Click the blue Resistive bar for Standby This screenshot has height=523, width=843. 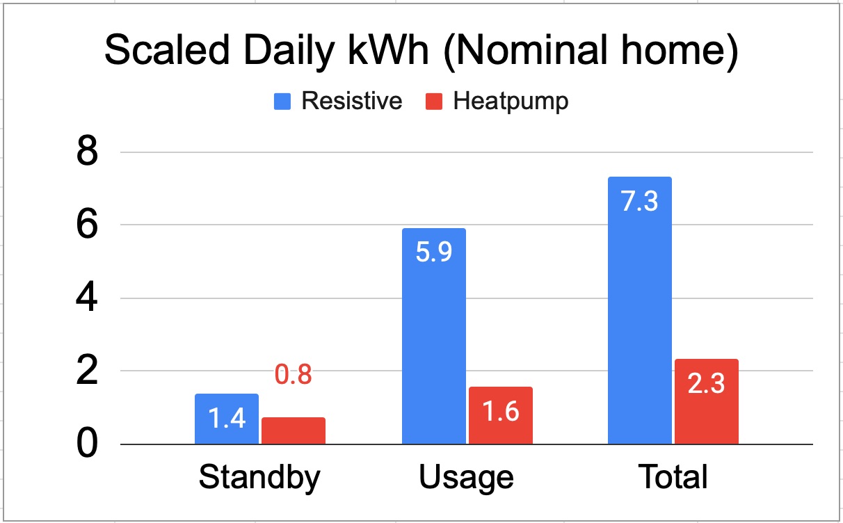(227, 419)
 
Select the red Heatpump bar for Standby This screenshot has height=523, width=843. (294, 431)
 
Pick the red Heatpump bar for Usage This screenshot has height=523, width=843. (501, 415)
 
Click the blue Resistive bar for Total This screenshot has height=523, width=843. (640, 310)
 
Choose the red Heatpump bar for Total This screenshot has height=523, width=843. (707, 401)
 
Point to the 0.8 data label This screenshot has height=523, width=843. (293, 375)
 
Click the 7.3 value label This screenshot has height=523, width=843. (640, 203)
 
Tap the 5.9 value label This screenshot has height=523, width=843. (434, 252)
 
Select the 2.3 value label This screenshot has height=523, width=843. (707, 384)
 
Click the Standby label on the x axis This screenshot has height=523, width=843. (259, 478)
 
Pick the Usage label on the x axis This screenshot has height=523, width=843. (467, 478)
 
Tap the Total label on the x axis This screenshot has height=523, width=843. (673, 478)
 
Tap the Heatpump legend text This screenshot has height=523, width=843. (511, 102)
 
